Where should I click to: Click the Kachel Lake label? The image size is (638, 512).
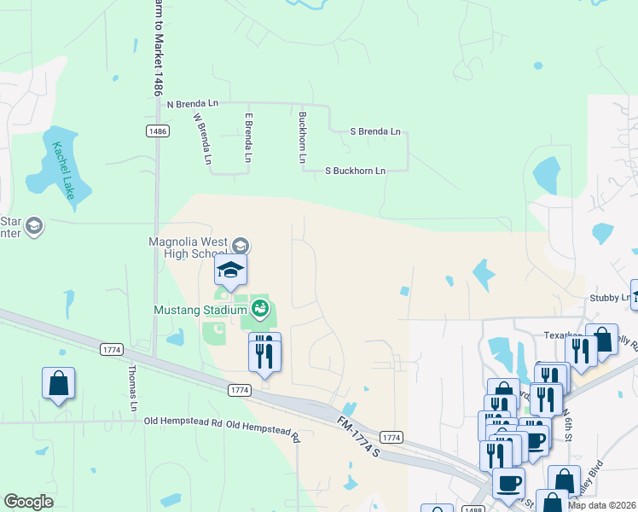64,170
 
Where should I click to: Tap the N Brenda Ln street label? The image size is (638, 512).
193,103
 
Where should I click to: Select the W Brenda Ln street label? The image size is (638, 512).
202,138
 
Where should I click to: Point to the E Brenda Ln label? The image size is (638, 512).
249,138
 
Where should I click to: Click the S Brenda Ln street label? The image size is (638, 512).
375,132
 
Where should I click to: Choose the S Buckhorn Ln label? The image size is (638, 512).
356,171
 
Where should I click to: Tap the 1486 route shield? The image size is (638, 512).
156,131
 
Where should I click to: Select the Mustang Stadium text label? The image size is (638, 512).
201,310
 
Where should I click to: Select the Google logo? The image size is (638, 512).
29,502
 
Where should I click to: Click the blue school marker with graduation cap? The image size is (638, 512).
230,271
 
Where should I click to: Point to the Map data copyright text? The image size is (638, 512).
601,505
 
